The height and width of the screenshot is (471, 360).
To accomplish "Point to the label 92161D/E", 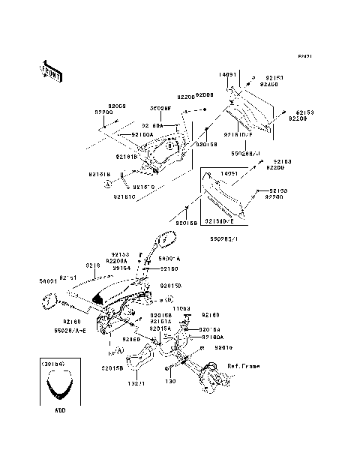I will click(x=219, y=222).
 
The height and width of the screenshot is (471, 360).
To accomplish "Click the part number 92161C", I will click(x=124, y=197).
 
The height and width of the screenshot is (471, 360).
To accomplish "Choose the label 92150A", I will click(x=142, y=134).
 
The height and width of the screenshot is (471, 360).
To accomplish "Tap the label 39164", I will click(x=121, y=268).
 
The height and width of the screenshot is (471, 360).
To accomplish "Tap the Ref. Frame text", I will click(x=244, y=365).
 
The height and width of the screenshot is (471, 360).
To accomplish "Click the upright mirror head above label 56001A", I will click(x=163, y=243).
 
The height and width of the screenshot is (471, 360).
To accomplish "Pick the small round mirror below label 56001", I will click(x=49, y=301).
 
